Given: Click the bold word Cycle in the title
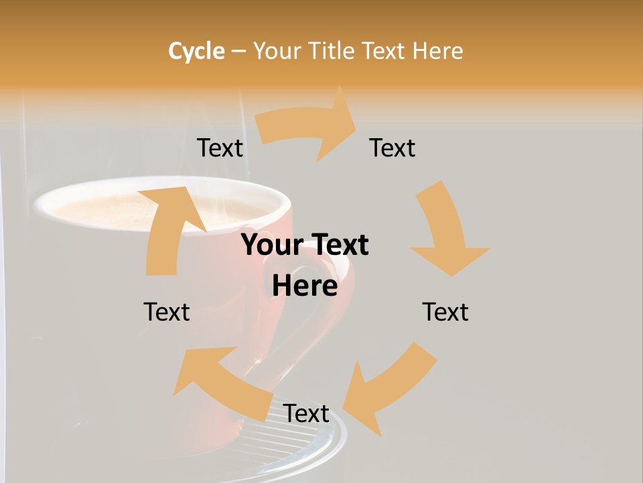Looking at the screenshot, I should tap(196, 51).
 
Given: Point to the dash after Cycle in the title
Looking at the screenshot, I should tap(238, 52).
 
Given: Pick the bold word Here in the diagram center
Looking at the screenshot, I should tap(305, 286).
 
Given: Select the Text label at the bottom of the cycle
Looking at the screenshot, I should tap(306, 414).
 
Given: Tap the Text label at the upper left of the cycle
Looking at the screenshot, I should tap(220, 148).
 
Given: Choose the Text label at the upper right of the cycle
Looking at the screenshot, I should tap(392, 148).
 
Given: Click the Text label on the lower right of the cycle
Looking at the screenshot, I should tap(445, 313).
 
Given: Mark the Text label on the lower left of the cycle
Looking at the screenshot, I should tap(167, 313).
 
